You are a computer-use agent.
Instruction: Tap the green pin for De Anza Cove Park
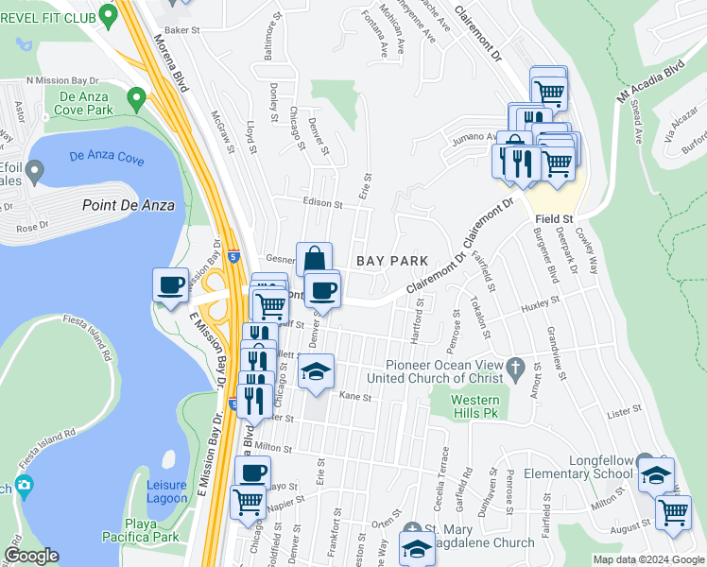136,97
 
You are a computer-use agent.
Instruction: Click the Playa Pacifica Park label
139,536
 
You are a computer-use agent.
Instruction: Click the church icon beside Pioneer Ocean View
515,366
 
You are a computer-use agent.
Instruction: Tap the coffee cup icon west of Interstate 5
171,285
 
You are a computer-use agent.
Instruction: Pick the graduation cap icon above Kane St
317,370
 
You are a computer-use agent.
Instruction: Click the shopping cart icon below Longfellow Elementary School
672,511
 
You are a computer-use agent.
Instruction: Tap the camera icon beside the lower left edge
25,487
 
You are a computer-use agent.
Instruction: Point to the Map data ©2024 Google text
647,559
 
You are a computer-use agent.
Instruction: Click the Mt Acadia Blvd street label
651,83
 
